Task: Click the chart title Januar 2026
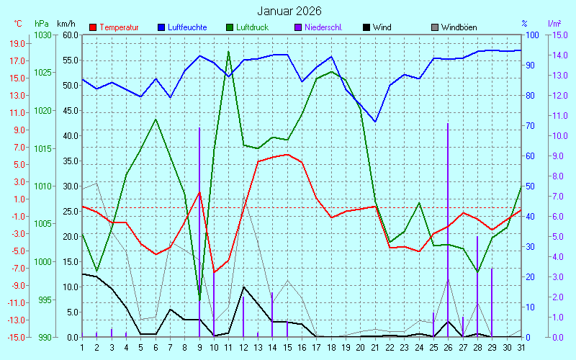(x=289, y=12)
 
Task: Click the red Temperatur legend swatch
(x=93, y=27)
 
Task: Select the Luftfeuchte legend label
(x=187, y=27)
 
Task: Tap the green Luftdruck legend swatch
(x=230, y=27)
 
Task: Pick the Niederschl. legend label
(x=323, y=27)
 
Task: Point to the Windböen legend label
(x=459, y=27)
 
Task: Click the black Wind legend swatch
(x=367, y=27)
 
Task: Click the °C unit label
(x=18, y=24)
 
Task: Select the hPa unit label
(x=41, y=24)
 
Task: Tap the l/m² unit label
(x=554, y=24)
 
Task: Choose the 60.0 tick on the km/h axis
(x=70, y=35)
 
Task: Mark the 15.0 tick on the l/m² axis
(x=561, y=35)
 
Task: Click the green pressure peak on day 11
(x=228, y=52)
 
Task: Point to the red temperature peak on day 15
(x=287, y=154)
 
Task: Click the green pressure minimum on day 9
(x=199, y=299)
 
